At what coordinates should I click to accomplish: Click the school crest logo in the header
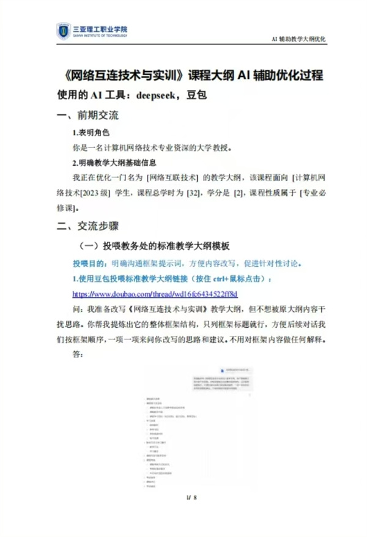click(64, 31)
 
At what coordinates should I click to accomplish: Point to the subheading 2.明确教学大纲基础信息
click(114, 163)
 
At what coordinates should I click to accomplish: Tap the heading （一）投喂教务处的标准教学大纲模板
click(155, 246)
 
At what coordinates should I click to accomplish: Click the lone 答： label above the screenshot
click(78, 354)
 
